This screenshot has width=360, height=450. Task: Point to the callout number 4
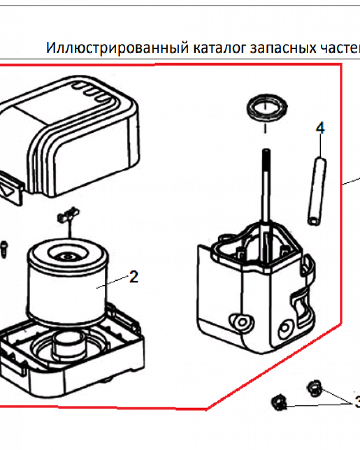320,128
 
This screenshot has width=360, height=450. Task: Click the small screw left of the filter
4,248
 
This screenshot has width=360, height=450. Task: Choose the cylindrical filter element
67,283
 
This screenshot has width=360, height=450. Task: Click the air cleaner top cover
72,135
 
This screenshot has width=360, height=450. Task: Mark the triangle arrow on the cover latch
8,190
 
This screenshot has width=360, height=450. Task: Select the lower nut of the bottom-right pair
279,401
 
